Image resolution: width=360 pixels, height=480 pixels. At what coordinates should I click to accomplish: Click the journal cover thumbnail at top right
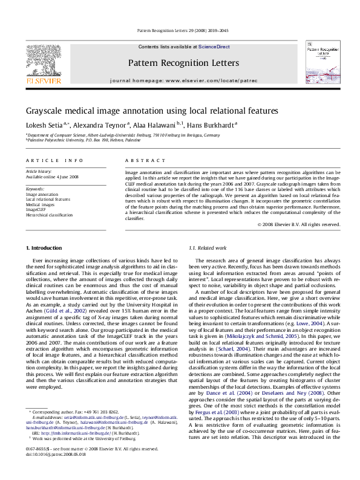click(320, 60)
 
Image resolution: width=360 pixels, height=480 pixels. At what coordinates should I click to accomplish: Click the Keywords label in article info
click(35, 189)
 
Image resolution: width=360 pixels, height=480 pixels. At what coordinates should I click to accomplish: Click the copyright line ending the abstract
click(298, 224)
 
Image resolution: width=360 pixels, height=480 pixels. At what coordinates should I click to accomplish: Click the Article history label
click(39, 172)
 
